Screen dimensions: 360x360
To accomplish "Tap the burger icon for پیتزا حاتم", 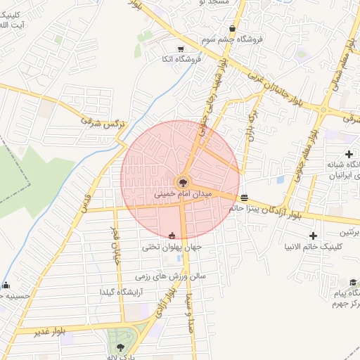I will point(243,198).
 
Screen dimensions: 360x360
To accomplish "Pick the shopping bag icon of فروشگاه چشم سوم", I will point(231,29).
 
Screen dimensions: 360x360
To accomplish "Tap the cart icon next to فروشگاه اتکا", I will point(181,49).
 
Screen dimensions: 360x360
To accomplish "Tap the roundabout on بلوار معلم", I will point(324,110).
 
